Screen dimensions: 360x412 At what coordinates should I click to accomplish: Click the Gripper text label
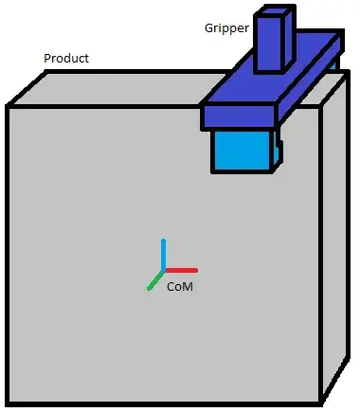click(x=225, y=28)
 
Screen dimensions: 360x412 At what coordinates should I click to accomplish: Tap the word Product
click(x=66, y=59)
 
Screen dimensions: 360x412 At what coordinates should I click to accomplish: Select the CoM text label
click(x=180, y=285)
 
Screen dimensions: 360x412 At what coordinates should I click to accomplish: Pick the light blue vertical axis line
click(x=164, y=254)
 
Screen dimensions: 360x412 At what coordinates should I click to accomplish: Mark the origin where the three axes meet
click(x=164, y=270)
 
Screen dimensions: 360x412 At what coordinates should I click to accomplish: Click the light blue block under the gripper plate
click(x=242, y=151)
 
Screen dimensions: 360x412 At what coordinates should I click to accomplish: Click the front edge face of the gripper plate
click(x=239, y=118)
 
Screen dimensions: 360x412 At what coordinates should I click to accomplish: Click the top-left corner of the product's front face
click(x=9, y=107)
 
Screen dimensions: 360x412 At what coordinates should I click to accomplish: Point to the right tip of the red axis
click(x=195, y=269)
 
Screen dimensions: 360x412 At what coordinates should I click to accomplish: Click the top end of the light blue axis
click(x=164, y=241)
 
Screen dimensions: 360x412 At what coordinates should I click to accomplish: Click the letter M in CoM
click(x=189, y=285)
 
